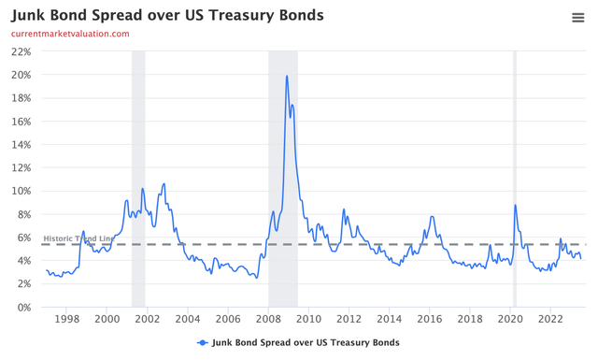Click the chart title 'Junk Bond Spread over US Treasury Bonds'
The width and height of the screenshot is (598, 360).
167,16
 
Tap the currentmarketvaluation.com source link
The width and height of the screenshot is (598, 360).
70,34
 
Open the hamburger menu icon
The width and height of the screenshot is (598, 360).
578,17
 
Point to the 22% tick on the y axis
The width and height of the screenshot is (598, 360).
21,51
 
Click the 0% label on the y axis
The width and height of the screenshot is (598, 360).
24,308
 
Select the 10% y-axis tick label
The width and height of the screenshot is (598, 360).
21,191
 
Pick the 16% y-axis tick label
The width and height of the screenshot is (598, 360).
21,122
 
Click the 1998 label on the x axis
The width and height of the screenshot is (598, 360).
66,320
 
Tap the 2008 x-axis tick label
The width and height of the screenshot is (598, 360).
268,320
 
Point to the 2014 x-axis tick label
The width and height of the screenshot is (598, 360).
389,320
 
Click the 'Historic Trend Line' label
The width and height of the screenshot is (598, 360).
79,238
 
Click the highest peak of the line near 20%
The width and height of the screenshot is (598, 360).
287,76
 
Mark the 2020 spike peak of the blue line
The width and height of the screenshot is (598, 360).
516,205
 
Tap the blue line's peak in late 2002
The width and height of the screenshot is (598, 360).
164,184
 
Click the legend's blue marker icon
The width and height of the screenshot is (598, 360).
203,343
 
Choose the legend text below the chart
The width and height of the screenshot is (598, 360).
306,343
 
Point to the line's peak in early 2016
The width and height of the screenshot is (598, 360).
431,217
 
